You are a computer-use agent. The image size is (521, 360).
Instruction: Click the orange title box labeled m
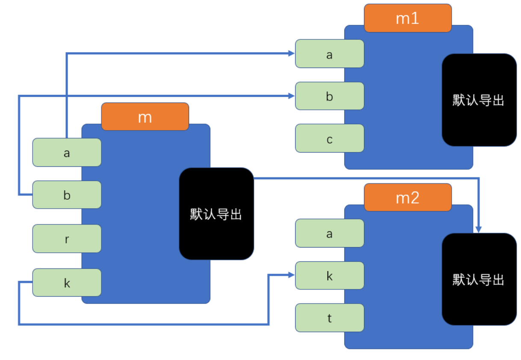(x=145, y=117)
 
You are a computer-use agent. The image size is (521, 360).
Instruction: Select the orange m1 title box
(x=408, y=18)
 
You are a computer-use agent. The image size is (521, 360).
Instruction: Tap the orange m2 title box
(x=408, y=198)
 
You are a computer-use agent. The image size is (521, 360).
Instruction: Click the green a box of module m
(x=67, y=153)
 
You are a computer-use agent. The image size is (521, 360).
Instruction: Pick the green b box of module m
(x=67, y=195)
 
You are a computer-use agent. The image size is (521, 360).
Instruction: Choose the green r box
(x=67, y=239)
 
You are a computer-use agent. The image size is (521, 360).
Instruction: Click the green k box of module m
(x=67, y=283)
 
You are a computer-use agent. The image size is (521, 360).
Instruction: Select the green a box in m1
(x=329, y=54)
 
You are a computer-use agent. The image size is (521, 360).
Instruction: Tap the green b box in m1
(x=329, y=96)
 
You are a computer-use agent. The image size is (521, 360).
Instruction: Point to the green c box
(x=329, y=139)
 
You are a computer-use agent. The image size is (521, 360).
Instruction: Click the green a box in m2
(x=329, y=233)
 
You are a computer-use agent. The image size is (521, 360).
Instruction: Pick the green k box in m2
(x=329, y=276)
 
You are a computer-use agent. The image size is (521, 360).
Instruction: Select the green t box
(x=329, y=318)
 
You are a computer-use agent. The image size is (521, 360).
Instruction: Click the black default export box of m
(x=216, y=214)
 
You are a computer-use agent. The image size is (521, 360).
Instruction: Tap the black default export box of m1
(x=479, y=100)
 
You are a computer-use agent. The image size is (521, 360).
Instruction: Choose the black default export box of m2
(x=479, y=279)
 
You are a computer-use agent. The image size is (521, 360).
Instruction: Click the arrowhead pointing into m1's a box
(x=292, y=53)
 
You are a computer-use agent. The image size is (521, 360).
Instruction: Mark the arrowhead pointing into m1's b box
(x=292, y=96)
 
